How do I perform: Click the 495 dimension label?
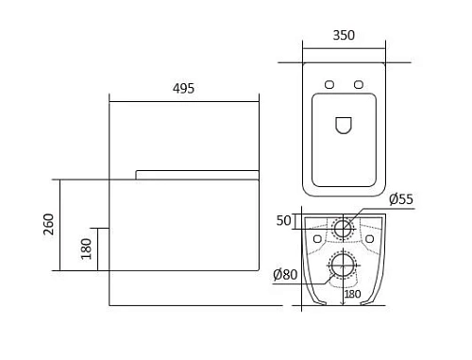point(183,89)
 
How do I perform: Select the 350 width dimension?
point(344,35)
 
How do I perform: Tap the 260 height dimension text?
point(49,224)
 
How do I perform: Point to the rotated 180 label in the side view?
point(86,249)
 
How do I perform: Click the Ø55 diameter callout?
point(401,199)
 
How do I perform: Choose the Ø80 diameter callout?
point(285,274)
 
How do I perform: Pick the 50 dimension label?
point(284,220)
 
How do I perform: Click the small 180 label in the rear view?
point(352,294)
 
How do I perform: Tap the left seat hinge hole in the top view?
point(329,84)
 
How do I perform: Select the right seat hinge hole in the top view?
point(359,84)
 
